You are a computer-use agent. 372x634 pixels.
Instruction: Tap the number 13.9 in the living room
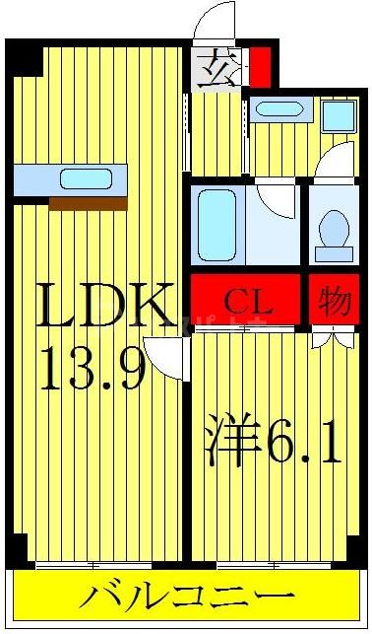point(93,370)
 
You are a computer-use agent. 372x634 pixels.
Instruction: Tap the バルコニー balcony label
point(187,597)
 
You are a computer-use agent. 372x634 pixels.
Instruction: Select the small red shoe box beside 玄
point(259,70)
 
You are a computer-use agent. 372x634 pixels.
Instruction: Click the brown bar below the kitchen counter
point(89,203)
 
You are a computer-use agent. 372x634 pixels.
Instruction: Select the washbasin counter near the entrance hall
point(281,109)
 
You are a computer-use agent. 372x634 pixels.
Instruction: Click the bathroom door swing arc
point(281,201)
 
